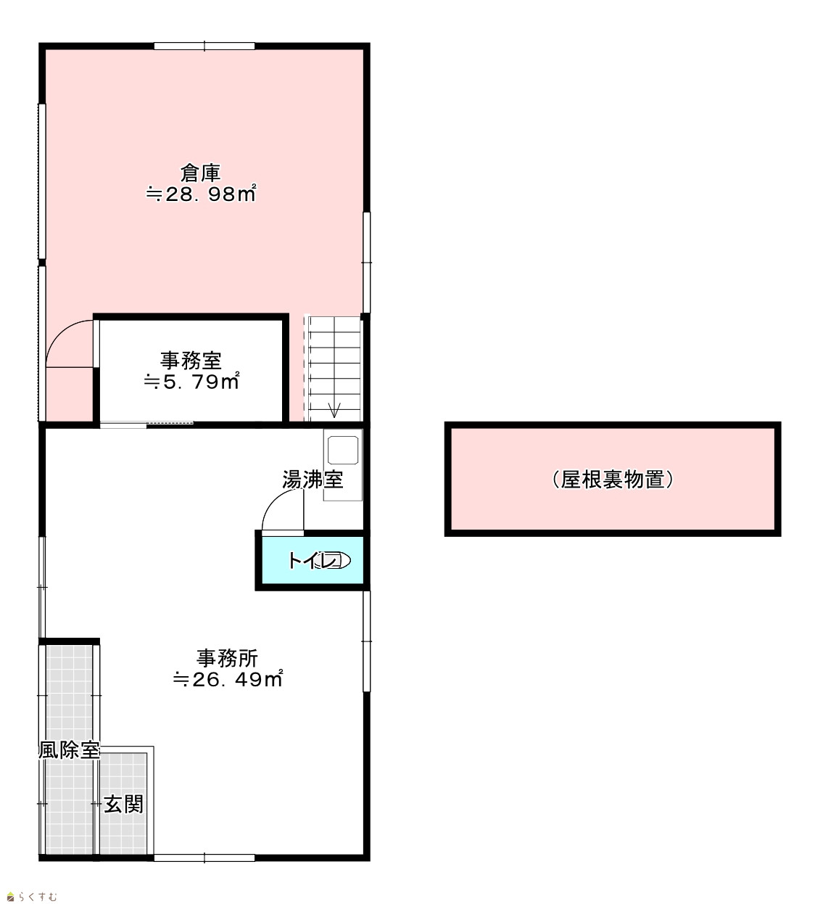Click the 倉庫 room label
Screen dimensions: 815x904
point(200,173)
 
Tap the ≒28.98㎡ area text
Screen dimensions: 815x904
point(201,193)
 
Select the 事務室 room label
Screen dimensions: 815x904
point(191,361)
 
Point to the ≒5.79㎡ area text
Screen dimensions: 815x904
point(191,381)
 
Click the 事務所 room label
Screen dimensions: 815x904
point(227,658)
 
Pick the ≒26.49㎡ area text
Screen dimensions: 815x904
point(228,679)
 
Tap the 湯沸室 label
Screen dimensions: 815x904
point(313,480)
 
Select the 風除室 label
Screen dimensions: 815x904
point(69,750)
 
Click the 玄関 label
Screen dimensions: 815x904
point(123,805)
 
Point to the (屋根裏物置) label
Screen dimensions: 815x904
point(613,480)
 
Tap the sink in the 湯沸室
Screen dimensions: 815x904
point(343,451)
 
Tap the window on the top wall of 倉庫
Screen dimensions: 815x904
point(204,46)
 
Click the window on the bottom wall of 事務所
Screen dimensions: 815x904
point(204,858)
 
